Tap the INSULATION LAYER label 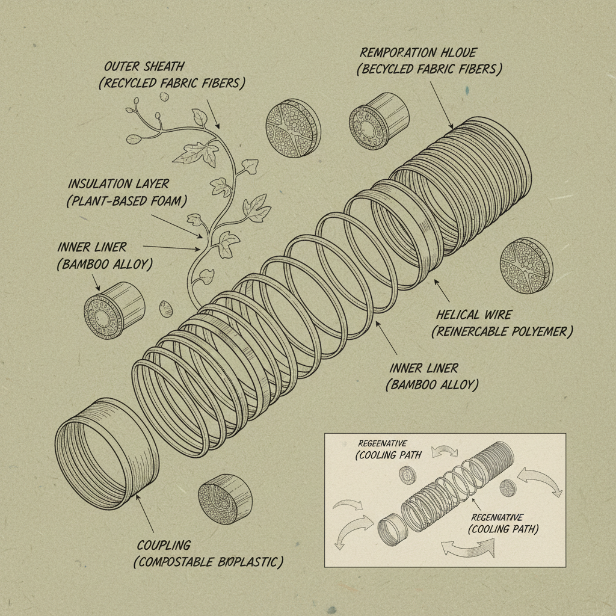pos(118,183)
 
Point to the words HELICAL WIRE pos(473,314)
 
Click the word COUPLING pos(164,545)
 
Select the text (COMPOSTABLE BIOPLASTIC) pos(208,562)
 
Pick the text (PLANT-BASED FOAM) pos(123,201)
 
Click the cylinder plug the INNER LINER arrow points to pos(114,307)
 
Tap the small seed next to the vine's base pos(166,309)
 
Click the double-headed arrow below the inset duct pos(467,547)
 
